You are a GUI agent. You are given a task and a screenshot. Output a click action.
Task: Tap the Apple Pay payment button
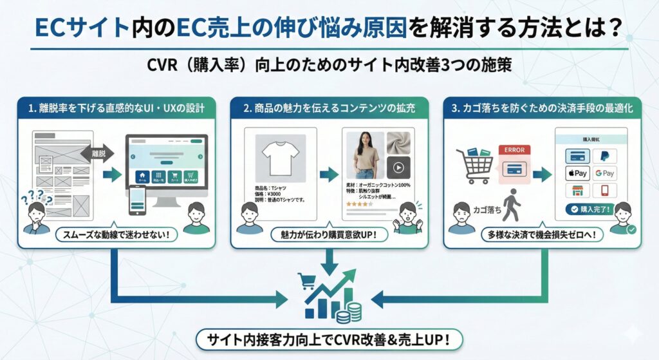(577, 173)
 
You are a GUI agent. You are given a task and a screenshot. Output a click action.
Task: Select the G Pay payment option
(604, 173)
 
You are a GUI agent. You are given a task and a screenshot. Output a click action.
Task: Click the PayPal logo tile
(604, 156)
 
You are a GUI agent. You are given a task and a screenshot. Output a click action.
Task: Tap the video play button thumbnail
(398, 167)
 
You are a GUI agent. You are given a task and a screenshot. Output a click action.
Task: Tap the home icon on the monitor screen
(140, 176)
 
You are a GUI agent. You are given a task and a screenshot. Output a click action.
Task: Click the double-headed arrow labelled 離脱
(97, 153)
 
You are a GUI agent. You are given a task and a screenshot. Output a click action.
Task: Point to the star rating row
(360, 204)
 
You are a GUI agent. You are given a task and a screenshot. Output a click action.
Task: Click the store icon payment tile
(577, 191)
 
